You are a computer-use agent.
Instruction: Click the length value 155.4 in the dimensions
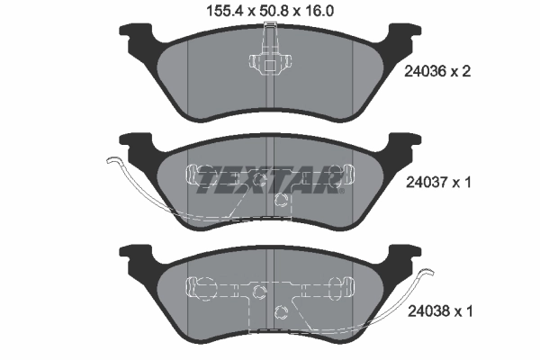click(x=214, y=11)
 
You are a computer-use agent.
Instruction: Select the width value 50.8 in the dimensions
click(x=269, y=11)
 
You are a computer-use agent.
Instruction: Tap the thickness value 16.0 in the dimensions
click(x=321, y=11)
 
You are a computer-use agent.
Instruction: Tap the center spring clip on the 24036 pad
click(x=267, y=63)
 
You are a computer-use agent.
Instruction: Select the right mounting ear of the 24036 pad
click(x=401, y=37)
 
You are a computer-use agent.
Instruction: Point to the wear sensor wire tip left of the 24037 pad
click(x=109, y=161)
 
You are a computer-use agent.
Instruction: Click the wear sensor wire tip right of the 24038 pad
click(x=430, y=274)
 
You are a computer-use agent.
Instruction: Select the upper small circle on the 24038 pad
click(x=259, y=291)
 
